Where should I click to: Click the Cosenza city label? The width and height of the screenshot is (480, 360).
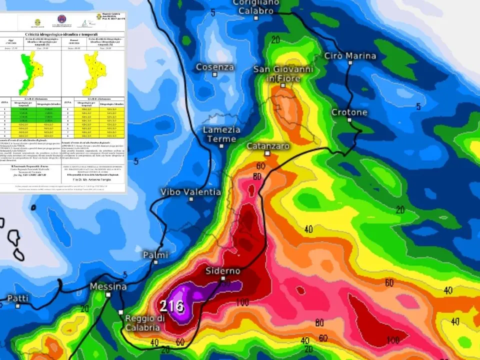(214, 67)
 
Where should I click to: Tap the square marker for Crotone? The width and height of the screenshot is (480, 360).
(350, 121)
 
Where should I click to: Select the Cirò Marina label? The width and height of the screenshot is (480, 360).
(350, 55)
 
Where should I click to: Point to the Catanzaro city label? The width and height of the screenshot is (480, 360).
(268, 146)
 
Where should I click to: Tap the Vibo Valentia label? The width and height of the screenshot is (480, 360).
(190, 191)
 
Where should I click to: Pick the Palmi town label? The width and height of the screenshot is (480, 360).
(155, 255)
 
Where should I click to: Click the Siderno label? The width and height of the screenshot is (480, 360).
(223, 270)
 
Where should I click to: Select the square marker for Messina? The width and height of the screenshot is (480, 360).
(107, 295)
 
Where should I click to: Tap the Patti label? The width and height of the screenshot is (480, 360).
(17, 298)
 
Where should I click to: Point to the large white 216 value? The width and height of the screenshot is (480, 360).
(172, 305)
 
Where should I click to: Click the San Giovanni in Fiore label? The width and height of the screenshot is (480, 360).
(283, 73)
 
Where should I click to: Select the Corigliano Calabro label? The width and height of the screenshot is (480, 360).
(255, 6)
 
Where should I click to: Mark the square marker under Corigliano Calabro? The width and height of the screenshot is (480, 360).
(255, 18)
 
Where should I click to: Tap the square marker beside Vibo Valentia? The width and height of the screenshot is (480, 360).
(191, 199)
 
